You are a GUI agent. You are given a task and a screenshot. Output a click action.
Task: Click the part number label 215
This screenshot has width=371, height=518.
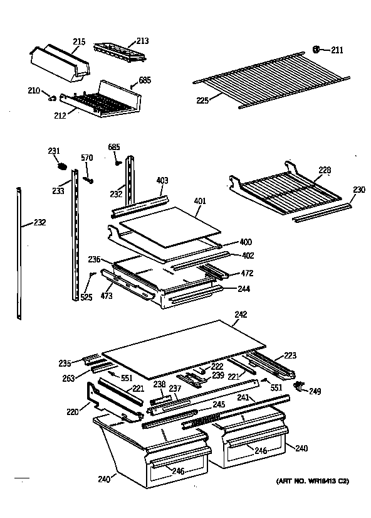coord(78,42)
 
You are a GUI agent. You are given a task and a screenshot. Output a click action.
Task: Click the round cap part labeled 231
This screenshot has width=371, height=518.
coord(61,166)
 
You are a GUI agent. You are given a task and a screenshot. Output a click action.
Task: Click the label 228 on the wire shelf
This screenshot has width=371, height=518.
coord(325,170)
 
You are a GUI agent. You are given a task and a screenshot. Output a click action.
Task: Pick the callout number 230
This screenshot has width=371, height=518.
coord(358,190)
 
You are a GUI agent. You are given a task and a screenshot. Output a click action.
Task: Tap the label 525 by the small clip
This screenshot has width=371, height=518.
coord(86,297)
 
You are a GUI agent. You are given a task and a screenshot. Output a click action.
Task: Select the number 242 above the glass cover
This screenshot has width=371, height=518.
coord(241,315)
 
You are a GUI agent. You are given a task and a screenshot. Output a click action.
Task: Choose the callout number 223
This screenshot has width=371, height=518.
coord(291,355)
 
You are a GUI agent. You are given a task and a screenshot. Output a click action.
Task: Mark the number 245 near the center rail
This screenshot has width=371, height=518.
coord(217,405)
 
